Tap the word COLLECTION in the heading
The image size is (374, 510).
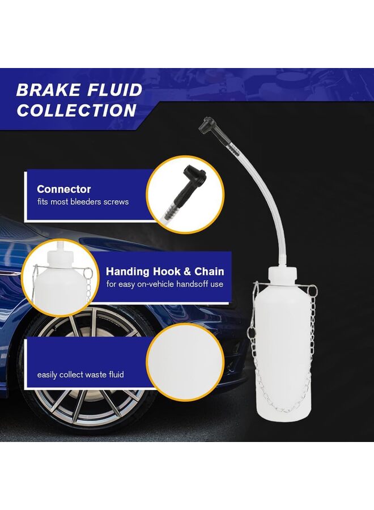coord(76,110)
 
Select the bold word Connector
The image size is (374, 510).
coord(63,189)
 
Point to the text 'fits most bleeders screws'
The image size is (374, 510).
coord(83,202)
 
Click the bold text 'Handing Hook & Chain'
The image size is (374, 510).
coord(164,271)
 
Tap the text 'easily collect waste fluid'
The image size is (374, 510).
coord(80,375)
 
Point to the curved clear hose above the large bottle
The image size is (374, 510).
coord(267,188)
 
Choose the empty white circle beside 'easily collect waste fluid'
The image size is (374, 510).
coord(185,363)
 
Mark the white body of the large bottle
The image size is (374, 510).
coord(281,351)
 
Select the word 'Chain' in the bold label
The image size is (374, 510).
coord(208,271)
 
